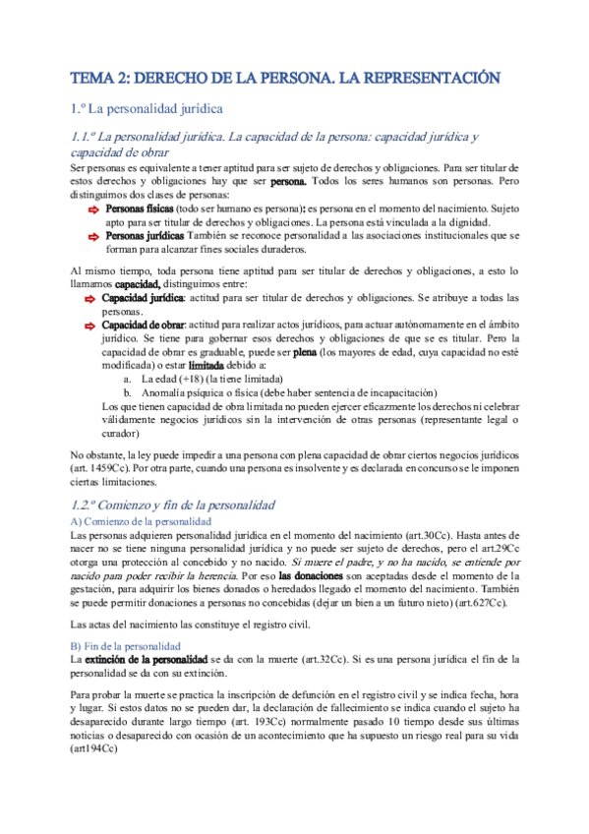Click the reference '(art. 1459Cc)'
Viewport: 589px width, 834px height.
100,469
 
